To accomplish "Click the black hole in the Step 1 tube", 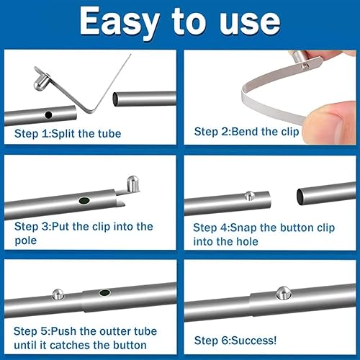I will pyautogui.click(x=48, y=114).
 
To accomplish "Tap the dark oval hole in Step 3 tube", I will pyautogui.click(x=84, y=201).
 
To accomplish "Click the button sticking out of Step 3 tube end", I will pyautogui.click(x=130, y=184).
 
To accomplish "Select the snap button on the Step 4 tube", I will pyautogui.click(x=249, y=196).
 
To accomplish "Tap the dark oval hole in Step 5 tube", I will pyautogui.click(x=105, y=293).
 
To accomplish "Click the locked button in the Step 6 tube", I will pyautogui.click(x=282, y=293).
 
